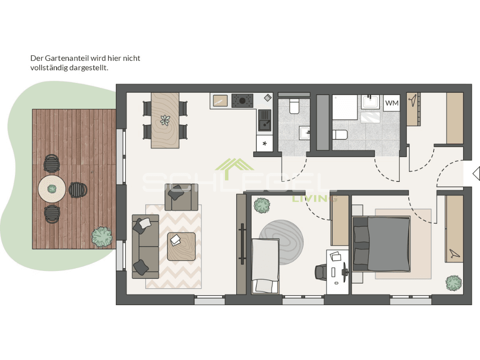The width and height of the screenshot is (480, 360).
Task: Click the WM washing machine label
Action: [392, 103]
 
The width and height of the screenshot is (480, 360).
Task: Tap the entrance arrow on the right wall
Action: [476, 173]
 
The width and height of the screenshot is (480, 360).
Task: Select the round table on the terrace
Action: [52, 189]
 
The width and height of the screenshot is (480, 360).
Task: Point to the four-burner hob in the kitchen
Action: [242, 100]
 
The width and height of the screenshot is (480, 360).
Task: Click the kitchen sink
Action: [264, 120]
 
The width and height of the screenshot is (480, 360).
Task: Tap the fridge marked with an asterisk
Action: [264, 143]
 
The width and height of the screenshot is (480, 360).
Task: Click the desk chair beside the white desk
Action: [321, 271]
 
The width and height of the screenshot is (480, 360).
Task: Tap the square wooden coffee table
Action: [181, 246]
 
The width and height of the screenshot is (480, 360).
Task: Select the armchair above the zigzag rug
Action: [178, 197]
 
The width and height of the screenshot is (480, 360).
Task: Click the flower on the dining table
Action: [165, 120]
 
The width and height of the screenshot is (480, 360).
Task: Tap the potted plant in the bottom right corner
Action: [453, 282]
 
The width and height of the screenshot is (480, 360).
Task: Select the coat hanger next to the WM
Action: [413, 99]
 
